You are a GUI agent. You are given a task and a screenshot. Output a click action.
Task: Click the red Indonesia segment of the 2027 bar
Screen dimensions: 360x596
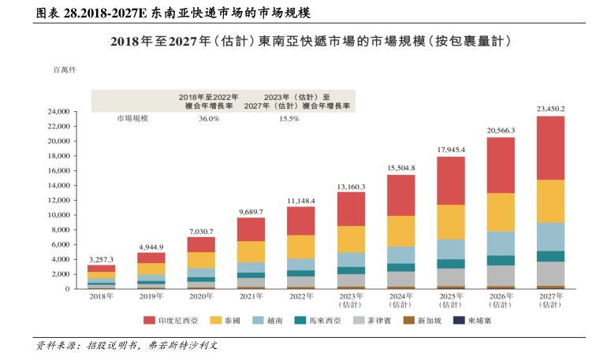pos(550,148)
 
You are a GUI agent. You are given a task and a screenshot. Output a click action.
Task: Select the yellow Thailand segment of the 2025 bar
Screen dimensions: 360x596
pos(450,221)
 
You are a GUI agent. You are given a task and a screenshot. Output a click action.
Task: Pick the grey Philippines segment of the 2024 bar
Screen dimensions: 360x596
pos(400,278)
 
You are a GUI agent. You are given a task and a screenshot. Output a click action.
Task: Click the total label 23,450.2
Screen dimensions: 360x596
pos(550,108)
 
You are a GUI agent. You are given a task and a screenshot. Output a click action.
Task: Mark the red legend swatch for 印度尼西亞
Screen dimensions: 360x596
pos(148,321)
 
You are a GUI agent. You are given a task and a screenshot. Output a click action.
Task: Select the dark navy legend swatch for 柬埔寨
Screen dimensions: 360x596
pos(459,321)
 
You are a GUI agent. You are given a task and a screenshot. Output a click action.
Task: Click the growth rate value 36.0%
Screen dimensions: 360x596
pos(209,119)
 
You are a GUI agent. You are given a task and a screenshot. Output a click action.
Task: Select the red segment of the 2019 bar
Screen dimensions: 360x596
pos(151,258)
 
